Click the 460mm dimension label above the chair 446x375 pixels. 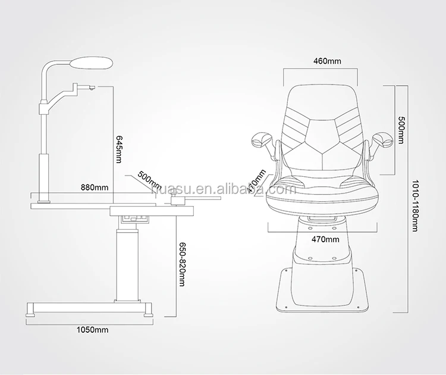(x=327, y=61)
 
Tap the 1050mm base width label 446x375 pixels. (x=92, y=330)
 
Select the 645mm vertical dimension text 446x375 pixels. (x=118, y=149)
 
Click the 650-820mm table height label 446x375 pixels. (x=182, y=264)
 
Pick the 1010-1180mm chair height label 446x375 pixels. (x=415, y=205)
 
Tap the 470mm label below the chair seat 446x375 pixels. (x=325, y=239)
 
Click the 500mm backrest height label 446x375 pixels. (x=400, y=130)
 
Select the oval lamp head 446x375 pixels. (x=92, y=62)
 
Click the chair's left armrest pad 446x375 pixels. (x=261, y=139)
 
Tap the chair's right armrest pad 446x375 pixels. (x=384, y=139)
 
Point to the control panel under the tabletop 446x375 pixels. (x=135, y=218)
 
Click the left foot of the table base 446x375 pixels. (x=31, y=315)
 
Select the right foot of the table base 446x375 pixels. (x=148, y=315)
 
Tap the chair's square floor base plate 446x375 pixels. (x=321, y=290)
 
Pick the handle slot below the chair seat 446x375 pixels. (x=322, y=218)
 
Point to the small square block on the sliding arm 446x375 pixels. (x=178, y=200)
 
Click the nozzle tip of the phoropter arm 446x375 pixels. (x=92, y=87)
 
